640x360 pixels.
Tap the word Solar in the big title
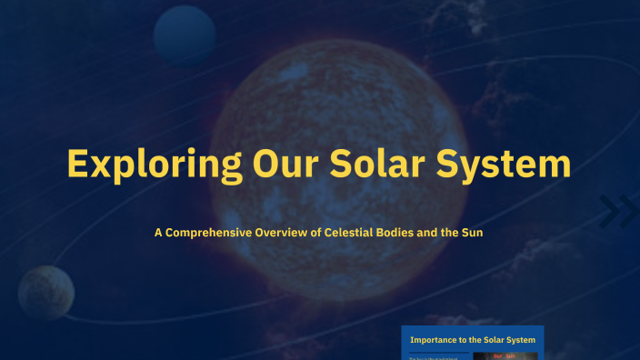point(377,165)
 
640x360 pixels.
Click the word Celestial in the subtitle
point(350,233)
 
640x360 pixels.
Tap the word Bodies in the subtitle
point(396,233)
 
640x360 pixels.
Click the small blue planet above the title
point(184,35)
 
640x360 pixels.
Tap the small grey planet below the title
point(45,293)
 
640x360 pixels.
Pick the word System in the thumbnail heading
point(518,340)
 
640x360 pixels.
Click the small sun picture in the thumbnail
point(505,355)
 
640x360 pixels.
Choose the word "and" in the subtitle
point(429,233)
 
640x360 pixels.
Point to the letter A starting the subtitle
point(158,233)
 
